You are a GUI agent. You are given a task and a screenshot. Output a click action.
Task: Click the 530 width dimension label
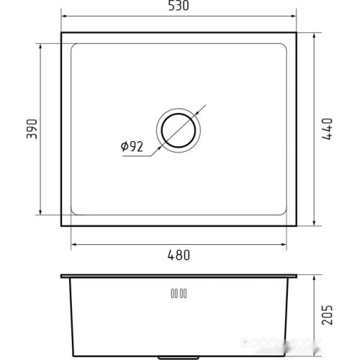point(179,6)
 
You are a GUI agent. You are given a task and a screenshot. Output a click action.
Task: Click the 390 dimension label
point(32,129)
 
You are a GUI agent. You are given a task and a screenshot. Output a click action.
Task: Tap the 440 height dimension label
point(327,129)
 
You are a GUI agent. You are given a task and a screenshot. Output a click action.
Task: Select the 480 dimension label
point(179,255)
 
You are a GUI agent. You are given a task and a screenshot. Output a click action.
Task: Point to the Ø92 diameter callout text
point(132,146)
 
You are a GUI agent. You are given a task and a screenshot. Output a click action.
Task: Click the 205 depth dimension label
point(327,315)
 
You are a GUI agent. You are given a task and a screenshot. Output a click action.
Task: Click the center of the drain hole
point(179,130)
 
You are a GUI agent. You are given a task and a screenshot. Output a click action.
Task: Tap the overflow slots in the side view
point(179,294)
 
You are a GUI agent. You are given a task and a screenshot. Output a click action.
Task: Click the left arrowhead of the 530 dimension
point(65,16)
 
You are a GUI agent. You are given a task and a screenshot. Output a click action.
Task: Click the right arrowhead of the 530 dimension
point(293,16)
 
